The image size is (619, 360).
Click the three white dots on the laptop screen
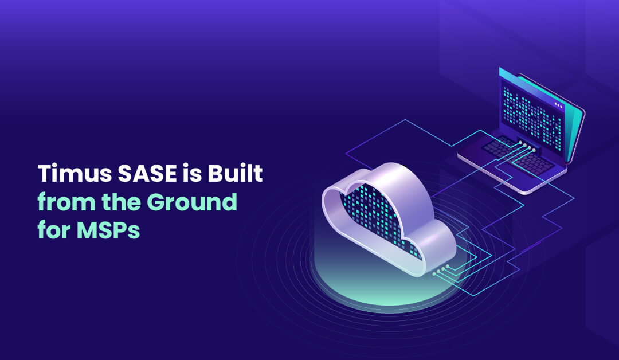(559, 105)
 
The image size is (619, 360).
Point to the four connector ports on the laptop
(526, 146)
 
